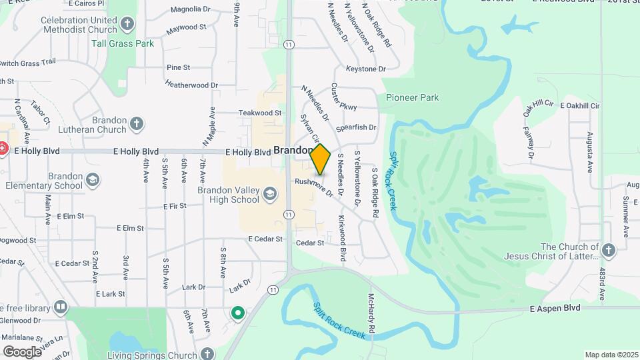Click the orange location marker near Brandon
(321, 159)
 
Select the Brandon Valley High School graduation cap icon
(269, 195)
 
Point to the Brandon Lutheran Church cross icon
(137, 124)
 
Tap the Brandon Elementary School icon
(93, 180)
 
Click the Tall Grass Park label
(123, 44)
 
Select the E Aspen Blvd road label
(555, 308)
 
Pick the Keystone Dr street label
(366, 69)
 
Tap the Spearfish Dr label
(356, 127)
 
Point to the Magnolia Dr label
(190, 9)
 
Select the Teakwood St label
(261, 113)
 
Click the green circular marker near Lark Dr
(237, 312)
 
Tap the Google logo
(22, 351)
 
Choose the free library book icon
(61, 307)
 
